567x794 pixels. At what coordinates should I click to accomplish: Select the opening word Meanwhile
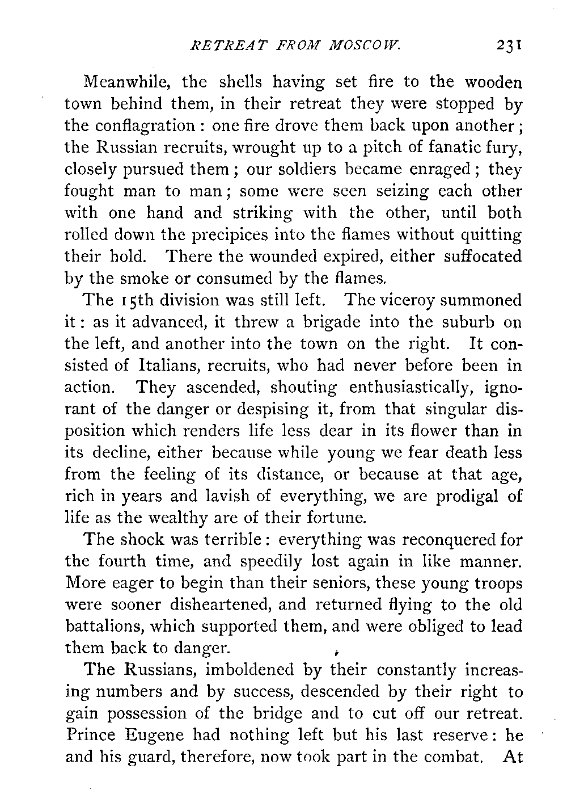pyautogui.click(x=128, y=83)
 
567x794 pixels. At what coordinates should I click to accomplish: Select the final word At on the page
pyautogui.click(x=512, y=757)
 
